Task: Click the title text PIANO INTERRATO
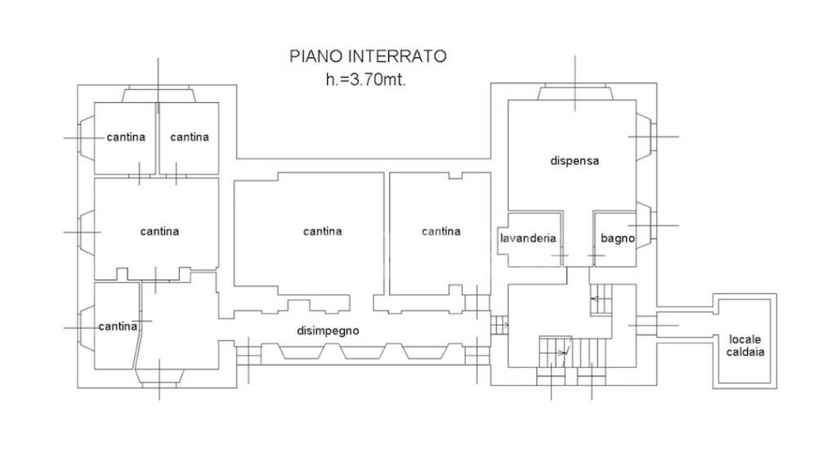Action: [x=368, y=56]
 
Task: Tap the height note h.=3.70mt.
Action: [x=365, y=80]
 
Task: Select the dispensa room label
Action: [x=575, y=161]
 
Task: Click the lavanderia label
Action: [x=528, y=238]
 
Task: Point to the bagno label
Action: [x=618, y=238]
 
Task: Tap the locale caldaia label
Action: [x=745, y=346]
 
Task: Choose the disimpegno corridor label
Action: [x=328, y=330]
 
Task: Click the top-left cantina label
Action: [x=126, y=137]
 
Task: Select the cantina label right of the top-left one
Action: [x=190, y=137]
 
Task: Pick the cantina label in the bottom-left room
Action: [x=118, y=326]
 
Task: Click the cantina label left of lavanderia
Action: [x=441, y=231]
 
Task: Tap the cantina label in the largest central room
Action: [x=322, y=231]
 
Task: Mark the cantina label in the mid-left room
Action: [x=159, y=231]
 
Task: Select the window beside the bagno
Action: [x=645, y=226]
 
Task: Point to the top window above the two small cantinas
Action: [x=158, y=95]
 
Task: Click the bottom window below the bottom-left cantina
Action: [x=159, y=376]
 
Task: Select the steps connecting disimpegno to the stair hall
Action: [x=499, y=325]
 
